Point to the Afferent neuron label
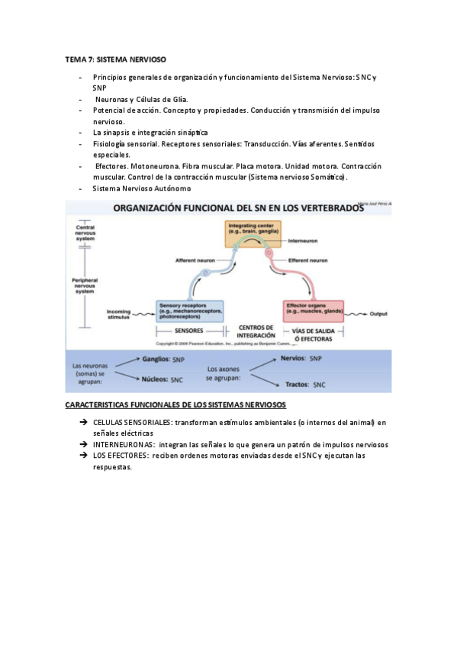pyautogui.click(x=196, y=261)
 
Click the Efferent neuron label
pyautogui.click(x=308, y=261)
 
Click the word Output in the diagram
pyautogui.click(x=379, y=313)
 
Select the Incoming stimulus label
pyautogui.click(x=119, y=313)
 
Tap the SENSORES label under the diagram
pyautogui.click(x=189, y=331)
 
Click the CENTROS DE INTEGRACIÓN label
pyautogui.click(x=256, y=331)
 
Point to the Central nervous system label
pyautogui.click(x=85, y=232)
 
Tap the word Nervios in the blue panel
pyautogui.click(x=294, y=357)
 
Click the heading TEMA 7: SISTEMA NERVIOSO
pyautogui.click(x=115, y=59)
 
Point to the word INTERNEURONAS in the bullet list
pyautogui.click(x=124, y=445)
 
